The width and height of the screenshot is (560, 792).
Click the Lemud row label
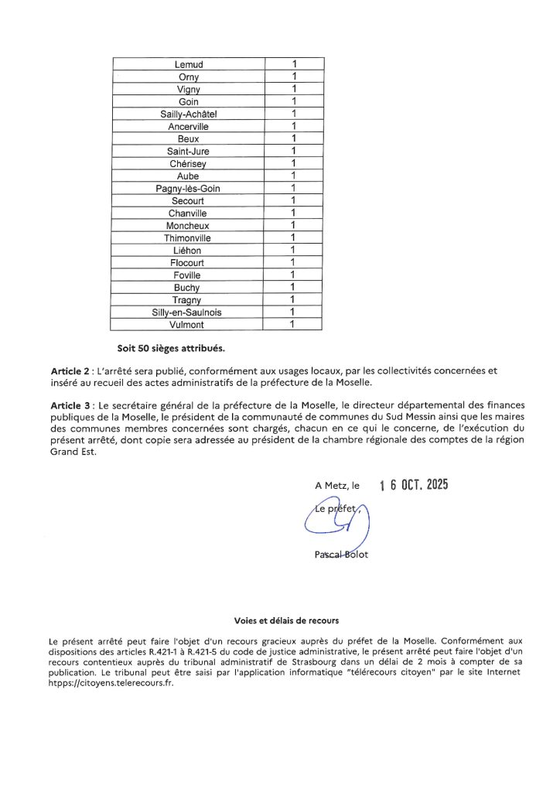[189, 64]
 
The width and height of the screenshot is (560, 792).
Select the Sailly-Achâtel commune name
[189, 114]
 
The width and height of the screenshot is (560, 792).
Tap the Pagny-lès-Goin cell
[189, 188]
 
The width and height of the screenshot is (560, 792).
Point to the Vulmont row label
[189, 325]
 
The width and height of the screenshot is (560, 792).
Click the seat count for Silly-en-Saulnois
[293, 312]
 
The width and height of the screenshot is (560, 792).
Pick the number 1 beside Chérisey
[293, 163]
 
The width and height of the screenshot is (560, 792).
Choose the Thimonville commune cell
[189, 238]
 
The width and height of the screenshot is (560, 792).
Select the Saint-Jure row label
[189, 151]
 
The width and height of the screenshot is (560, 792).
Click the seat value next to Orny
[293, 77]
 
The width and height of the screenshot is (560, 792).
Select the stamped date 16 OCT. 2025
[414, 486]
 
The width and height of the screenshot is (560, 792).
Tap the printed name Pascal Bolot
[342, 555]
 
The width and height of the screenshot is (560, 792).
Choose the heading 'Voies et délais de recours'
[286, 621]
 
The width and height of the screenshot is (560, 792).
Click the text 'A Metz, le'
[337, 486]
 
